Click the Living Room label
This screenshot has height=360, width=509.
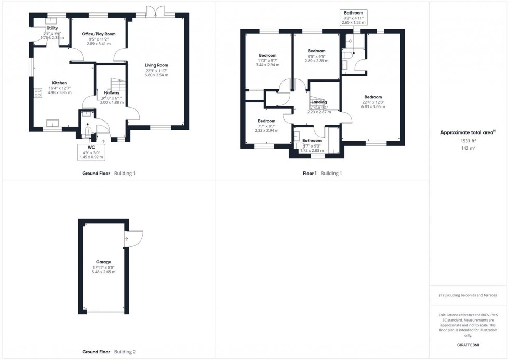pos(156,65)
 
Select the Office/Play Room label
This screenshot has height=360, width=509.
pos(99,34)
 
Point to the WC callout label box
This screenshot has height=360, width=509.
pos(92,152)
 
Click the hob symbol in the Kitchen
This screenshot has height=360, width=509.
pos(38,93)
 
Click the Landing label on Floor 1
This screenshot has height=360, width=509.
pos(319,102)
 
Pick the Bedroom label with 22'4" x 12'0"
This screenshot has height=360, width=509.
pos(373,97)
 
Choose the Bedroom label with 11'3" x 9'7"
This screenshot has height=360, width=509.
pos(268,55)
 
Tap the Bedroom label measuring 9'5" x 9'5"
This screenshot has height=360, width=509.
pos(317,51)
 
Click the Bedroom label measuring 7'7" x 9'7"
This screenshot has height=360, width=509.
pos(266,121)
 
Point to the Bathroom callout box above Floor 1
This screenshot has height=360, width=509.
pos(353,17)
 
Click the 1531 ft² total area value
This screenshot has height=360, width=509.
pos(468,141)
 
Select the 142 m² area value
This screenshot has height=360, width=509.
pos(468,148)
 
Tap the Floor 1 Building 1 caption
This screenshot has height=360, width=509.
pos(322,174)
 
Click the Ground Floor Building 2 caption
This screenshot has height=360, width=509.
pos(109,352)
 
